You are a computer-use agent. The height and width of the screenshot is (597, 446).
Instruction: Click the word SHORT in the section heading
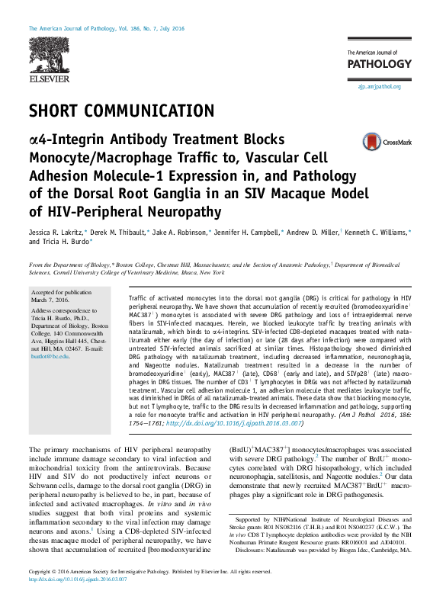click(x=53, y=111)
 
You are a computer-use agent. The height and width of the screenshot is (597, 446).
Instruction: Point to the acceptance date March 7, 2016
click(x=50, y=300)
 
